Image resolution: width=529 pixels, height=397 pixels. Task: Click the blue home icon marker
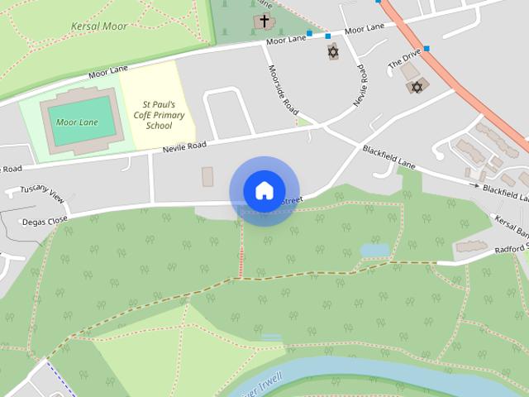[x=264, y=190]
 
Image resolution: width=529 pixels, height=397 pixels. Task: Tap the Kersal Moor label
[x=99, y=26]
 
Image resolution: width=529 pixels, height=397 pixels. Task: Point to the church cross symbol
[x=264, y=21]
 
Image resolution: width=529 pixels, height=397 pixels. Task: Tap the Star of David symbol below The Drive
[x=417, y=87]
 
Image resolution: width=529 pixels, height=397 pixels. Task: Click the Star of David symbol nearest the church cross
[x=333, y=52]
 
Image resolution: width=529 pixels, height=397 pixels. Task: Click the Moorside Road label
[x=282, y=89]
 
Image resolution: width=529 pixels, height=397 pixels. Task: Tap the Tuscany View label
[x=42, y=194]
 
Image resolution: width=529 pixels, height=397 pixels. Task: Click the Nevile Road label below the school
[x=183, y=146]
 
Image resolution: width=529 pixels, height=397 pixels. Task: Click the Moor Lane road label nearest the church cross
[x=286, y=39]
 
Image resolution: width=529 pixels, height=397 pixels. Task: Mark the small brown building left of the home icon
[x=207, y=176]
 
